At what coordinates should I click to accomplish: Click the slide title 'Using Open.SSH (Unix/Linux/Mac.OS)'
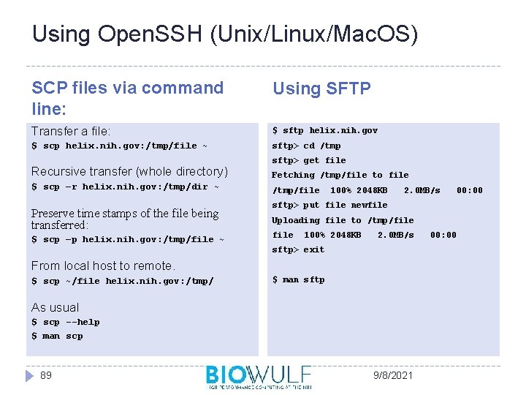point(225,34)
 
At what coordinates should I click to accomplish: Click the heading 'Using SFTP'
point(321,89)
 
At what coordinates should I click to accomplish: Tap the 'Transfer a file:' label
point(71,131)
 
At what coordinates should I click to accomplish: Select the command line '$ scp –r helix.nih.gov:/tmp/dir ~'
point(125,187)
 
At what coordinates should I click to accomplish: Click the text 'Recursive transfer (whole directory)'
point(129,171)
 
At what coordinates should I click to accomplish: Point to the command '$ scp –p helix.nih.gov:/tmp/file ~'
point(128,239)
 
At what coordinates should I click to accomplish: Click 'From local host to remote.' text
point(103,266)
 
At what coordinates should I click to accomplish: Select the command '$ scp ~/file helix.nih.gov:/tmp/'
point(123,281)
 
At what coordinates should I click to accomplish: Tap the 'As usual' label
point(55,307)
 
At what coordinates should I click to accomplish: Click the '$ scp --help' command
point(66,322)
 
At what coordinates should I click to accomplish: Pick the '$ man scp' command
point(57,336)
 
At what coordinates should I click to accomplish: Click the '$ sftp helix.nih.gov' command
point(324,130)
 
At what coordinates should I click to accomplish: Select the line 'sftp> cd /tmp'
point(306,146)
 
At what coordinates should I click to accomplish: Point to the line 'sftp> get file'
point(309,160)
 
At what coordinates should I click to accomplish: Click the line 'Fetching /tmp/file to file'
point(340,175)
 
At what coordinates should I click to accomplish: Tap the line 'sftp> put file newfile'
point(329,205)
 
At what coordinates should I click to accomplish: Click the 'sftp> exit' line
point(298,249)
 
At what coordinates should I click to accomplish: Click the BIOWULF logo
point(259,376)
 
